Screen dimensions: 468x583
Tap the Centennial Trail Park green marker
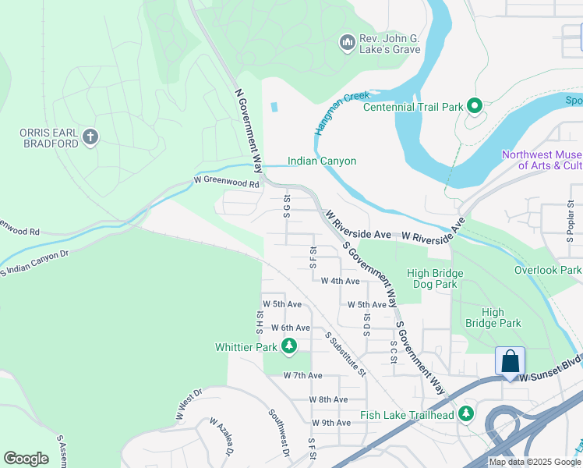coord(473,106)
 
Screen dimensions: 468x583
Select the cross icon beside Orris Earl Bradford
coord(90,138)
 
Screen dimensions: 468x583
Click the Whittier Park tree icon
coord(289,346)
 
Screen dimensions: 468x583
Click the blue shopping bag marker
coord(510,362)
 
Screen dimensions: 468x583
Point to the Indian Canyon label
coord(322,161)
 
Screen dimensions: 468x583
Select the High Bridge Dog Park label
coord(435,279)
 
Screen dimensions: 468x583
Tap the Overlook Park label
coord(548,271)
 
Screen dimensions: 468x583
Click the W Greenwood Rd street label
coord(226,184)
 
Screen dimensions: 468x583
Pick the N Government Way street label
coord(249,130)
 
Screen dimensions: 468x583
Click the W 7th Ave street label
coord(302,375)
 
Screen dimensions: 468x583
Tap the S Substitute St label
coord(346,353)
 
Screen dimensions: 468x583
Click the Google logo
coord(26,459)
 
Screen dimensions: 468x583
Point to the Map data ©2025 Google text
coord(534,462)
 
